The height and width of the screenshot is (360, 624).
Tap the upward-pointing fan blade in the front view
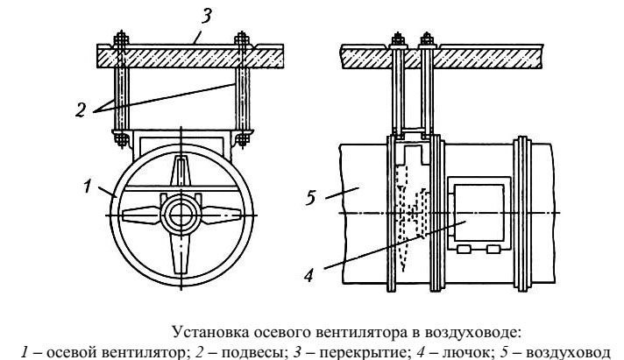180,175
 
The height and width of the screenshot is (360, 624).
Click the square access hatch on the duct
477,212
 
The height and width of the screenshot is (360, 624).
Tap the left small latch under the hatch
465,250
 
